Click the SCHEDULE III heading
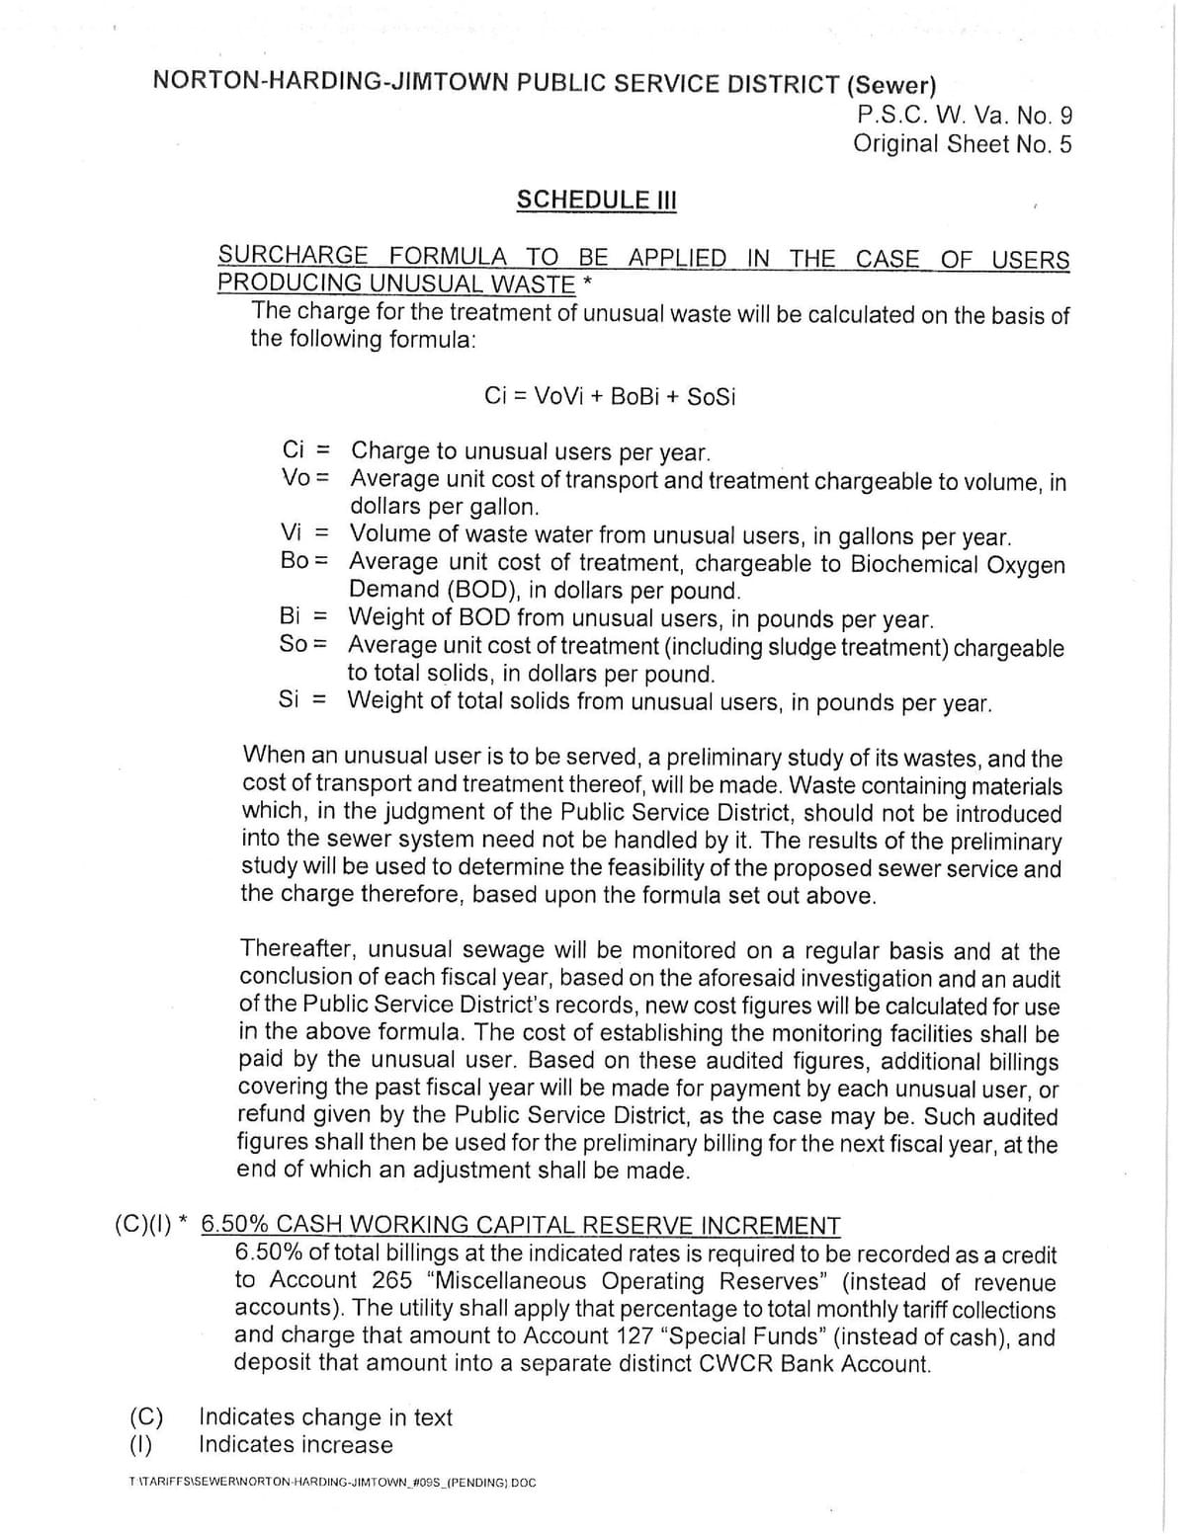tap(596, 200)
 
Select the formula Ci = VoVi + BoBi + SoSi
tap(610, 397)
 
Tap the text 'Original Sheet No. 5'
tap(962, 144)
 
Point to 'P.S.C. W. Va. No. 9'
tap(964, 116)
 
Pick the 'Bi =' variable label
tap(303, 617)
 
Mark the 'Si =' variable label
tap(302, 700)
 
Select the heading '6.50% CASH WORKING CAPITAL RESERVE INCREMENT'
tap(521, 1226)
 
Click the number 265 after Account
tap(393, 1281)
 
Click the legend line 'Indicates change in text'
tap(325, 1417)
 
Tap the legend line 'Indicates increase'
tap(296, 1445)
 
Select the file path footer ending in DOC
tap(332, 1484)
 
